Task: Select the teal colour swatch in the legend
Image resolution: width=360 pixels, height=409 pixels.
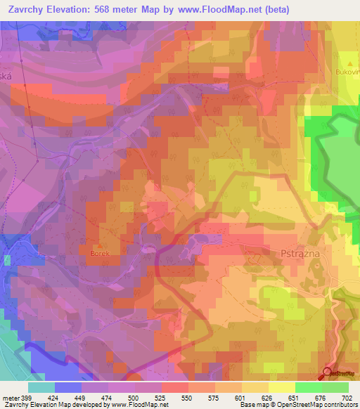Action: (41, 387)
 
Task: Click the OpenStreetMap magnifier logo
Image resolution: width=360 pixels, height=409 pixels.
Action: (328, 373)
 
